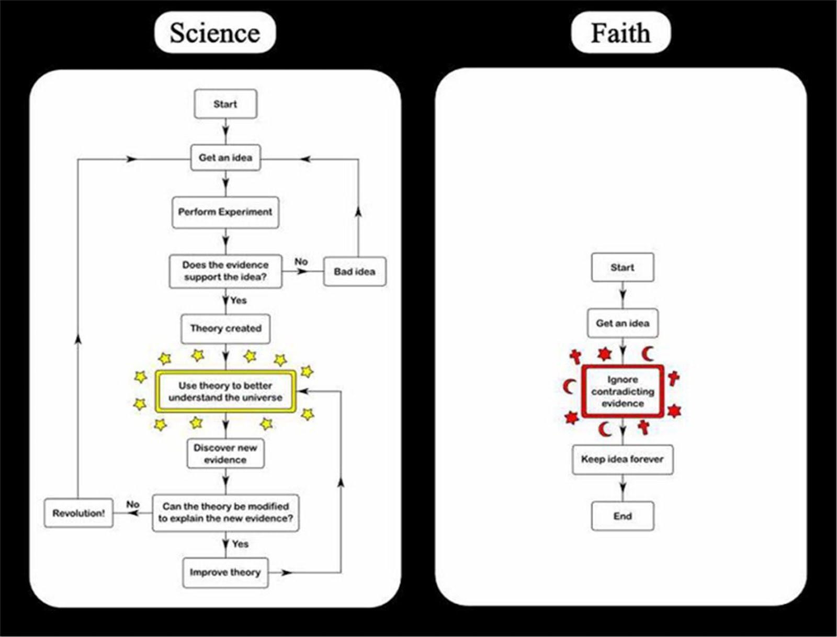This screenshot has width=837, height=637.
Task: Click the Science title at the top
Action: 214,33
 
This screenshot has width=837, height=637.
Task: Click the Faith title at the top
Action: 620,33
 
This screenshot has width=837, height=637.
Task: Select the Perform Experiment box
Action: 225,212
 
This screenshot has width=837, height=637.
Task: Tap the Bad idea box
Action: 355,271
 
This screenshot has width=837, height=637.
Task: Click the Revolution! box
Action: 78,513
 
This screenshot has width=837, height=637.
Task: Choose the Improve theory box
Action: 225,572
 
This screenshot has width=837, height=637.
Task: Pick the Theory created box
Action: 225,328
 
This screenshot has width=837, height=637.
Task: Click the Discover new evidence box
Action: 225,453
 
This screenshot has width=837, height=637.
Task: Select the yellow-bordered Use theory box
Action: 225,392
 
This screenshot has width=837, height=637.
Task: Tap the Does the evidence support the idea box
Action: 225,271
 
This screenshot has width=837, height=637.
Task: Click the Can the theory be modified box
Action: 225,513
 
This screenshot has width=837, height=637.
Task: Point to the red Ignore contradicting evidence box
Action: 623,391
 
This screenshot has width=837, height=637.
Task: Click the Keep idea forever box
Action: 623,459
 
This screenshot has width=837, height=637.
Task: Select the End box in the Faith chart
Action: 623,516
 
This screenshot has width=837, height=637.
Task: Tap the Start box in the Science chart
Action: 225,104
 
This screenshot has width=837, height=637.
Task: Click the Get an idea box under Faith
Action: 623,323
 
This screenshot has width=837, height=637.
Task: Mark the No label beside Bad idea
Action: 301,261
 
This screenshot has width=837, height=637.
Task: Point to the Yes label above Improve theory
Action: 240,544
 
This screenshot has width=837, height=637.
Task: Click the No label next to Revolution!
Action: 133,504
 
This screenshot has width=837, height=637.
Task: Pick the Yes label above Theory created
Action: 239,300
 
